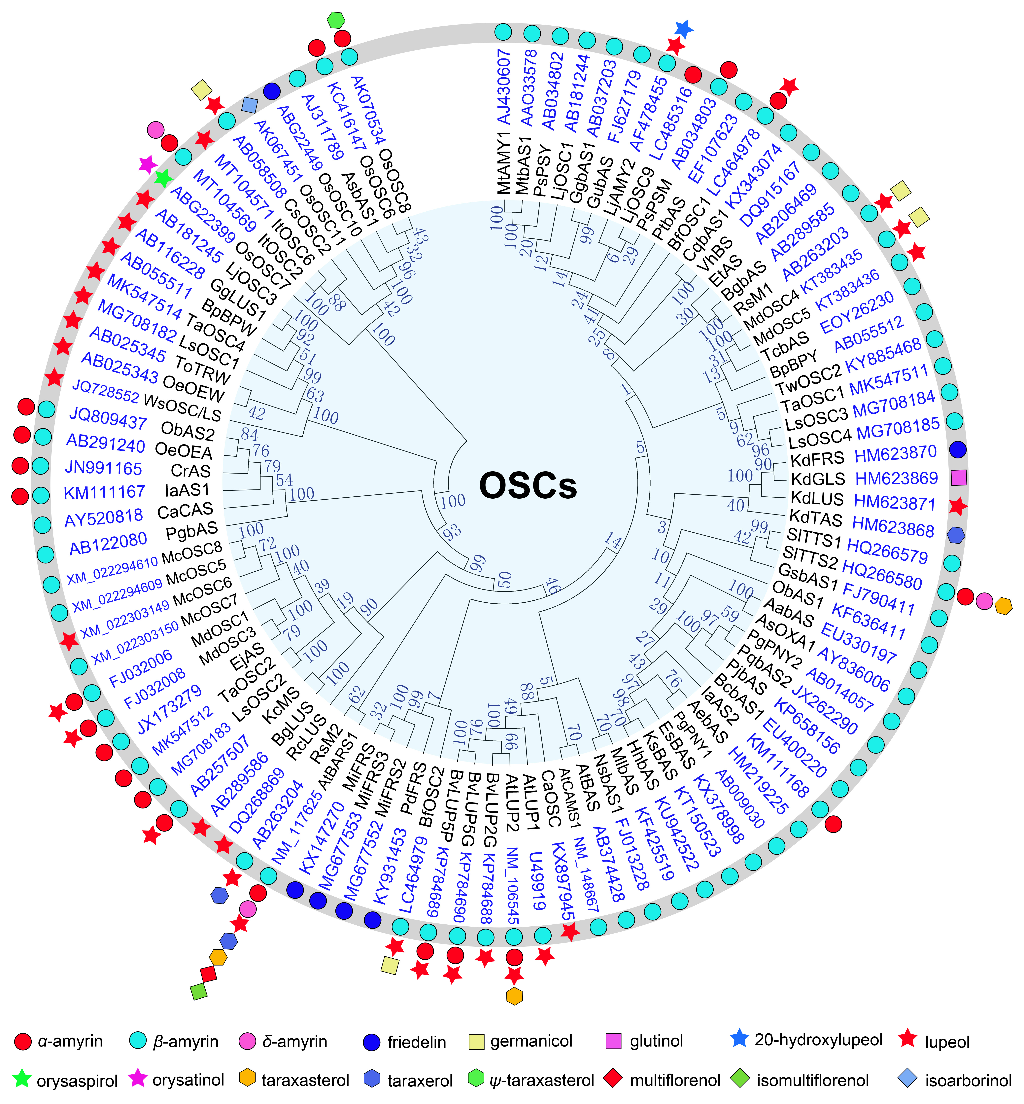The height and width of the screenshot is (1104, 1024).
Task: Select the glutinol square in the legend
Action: coord(612,1041)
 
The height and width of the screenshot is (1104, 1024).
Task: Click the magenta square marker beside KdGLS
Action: coord(959,477)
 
